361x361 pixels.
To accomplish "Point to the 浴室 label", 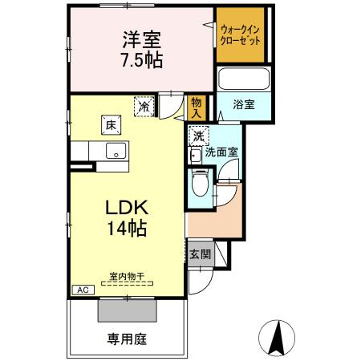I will pyautogui.click(x=244, y=104).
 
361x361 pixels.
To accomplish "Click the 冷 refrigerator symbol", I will pyautogui.click(x=144, y=105).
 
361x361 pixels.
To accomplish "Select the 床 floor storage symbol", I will pyautogui.click(x=109, y=124).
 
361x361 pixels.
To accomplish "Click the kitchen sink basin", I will pyautogui.click(x=115, y=150).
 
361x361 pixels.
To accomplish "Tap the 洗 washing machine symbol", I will pyautogui.click(x=198, y=136).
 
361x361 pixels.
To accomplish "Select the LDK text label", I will pyautogui.click(x=126, y=205).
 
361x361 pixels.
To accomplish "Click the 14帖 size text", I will pyautogui.click(x=126, y=229).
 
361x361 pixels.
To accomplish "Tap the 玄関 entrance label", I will pyautogui.click(x=199, y=254).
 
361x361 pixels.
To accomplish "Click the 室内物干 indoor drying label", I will pyautogui.click(x=127, y=277).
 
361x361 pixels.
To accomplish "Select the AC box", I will pyautogui.click(x=81, y=290).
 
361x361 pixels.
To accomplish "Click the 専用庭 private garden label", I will pyautogui.click(x=127, y=338).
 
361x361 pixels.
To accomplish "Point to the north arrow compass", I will pyautogui.click(x=277, y=337).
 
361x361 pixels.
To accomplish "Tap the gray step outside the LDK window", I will pyautogui.click(x=127, y=310).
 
